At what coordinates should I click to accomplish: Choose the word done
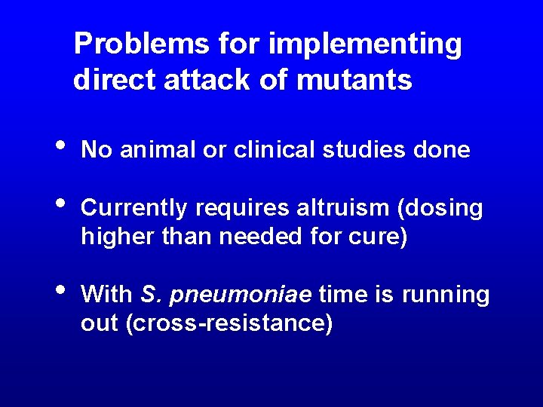coord(442,150)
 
